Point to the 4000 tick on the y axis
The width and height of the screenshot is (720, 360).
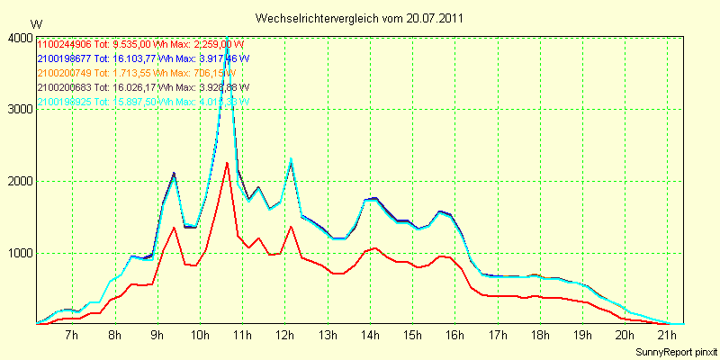(19, 38)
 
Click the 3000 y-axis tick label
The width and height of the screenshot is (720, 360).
(19, 109)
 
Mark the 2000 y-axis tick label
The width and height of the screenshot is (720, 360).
(19, 181)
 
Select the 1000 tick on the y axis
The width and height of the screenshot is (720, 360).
(19, 253)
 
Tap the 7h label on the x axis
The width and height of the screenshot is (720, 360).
(73, 336)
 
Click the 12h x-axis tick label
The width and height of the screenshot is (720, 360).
(284, 336)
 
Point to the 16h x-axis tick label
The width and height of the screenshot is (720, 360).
(454, 336)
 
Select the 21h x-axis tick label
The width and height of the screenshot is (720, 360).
(667, 336)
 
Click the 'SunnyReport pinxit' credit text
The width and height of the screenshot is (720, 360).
(674, 351)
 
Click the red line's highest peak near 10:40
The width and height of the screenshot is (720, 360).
(227, 162)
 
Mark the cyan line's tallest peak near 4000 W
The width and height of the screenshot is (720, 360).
(227, 39)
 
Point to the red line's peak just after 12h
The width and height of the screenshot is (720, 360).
(291, 226)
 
